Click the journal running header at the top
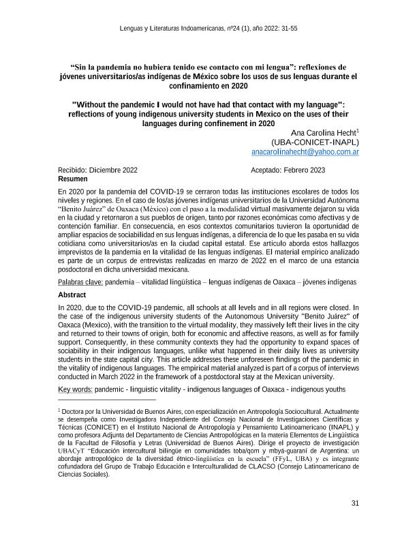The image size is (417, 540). coord(208,29)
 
